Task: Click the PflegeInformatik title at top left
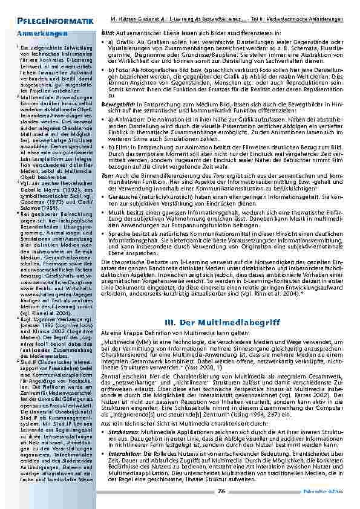click(x=43, y=21)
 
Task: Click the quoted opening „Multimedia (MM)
click(x=125, y=342)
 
